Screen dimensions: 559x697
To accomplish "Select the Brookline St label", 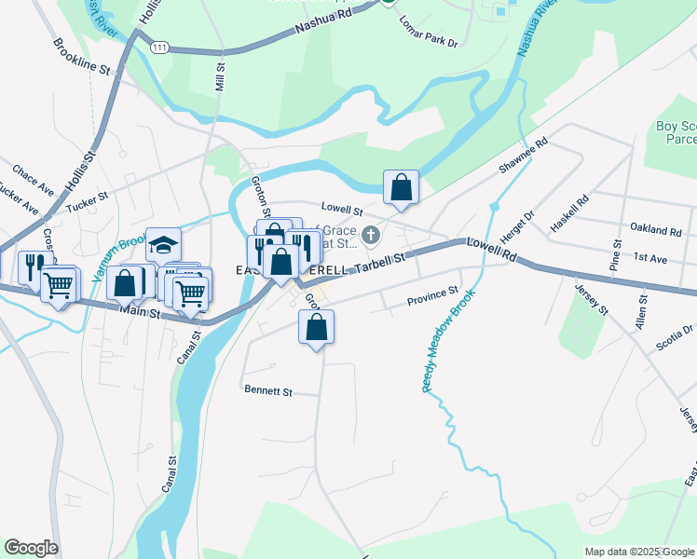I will [x=82, y=57].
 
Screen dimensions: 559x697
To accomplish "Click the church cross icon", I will [x=372, y=234].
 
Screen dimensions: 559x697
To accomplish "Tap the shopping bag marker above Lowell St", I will [x=401, y=188].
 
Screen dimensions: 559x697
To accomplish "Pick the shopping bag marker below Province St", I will [x=316, y=328].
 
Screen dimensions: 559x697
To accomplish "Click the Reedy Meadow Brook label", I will [x=449, y=341].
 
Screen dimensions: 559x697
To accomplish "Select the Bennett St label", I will [x=267, y=391].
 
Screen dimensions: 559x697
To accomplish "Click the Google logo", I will [x=31, y=548].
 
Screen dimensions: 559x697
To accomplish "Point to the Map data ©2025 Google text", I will [x=639, y=552].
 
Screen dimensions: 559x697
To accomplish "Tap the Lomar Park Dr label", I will [x=429, y=32].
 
